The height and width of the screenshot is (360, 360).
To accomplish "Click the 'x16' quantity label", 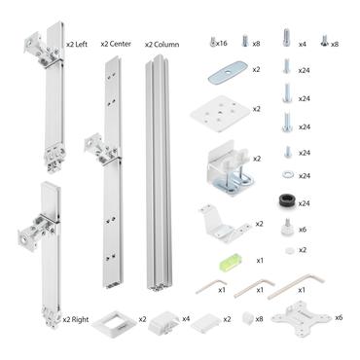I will tap(223, 44).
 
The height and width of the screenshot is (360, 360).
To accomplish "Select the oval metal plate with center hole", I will tap(225, 71).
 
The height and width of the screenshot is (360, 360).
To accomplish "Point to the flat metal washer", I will tap(286, 176).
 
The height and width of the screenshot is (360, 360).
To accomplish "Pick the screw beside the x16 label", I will tap(211, 43).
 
